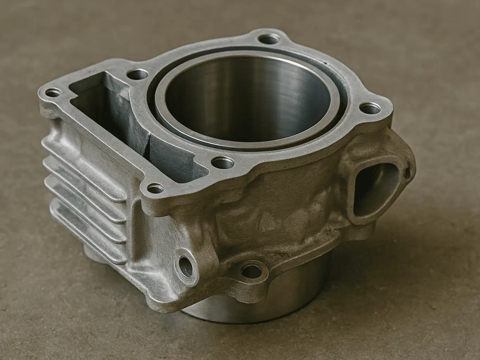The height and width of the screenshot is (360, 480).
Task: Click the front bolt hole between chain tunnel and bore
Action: (221, 162)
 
